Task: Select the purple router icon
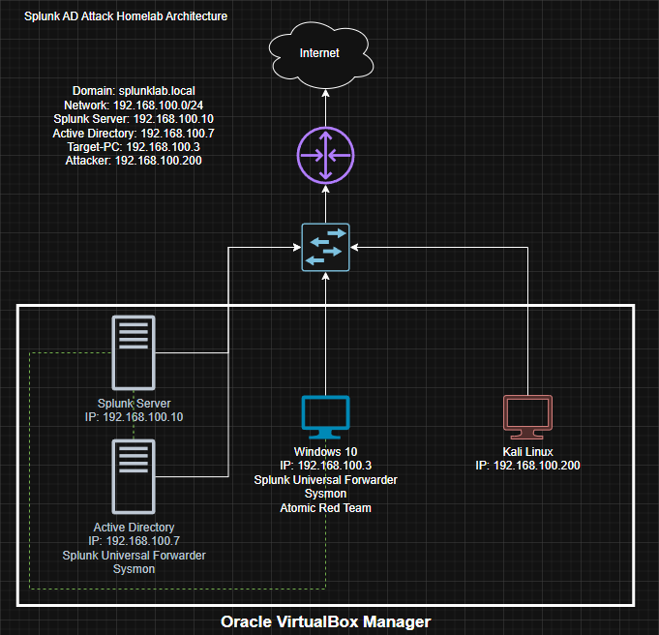tap(325, 155)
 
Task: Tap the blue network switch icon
tap(325, 248)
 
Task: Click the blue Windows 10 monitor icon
tap(325, 418)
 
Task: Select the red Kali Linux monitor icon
tap(528, 418)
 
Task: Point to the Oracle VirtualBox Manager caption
tap(325, 621)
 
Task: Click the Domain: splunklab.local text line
tap(134, 90)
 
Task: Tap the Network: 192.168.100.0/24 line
tap(134, 105)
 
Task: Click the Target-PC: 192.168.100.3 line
tap(134, 146)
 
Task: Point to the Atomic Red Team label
tap(325, 507)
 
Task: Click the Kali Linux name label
tap(528, 452)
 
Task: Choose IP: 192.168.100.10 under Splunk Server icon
tap(134, 417)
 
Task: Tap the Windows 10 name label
tap(325, 452)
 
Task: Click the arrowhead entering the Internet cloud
tap(325, 93)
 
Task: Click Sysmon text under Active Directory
tap(134, 569)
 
